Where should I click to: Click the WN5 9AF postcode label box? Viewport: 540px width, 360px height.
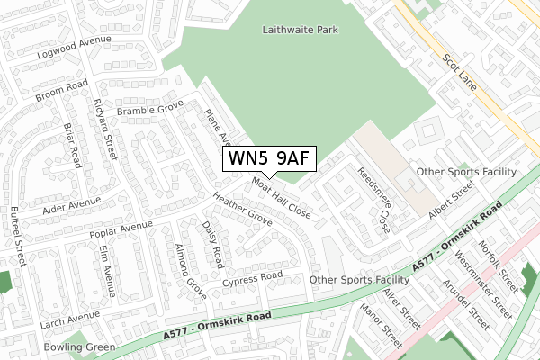point(269,158)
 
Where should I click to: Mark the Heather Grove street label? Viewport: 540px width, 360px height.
point(242,208)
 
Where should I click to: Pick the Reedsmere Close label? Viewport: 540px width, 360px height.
point(373,199)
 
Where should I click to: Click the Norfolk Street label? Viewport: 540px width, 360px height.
point(496,260)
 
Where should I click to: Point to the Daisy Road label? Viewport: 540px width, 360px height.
point(211,244)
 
